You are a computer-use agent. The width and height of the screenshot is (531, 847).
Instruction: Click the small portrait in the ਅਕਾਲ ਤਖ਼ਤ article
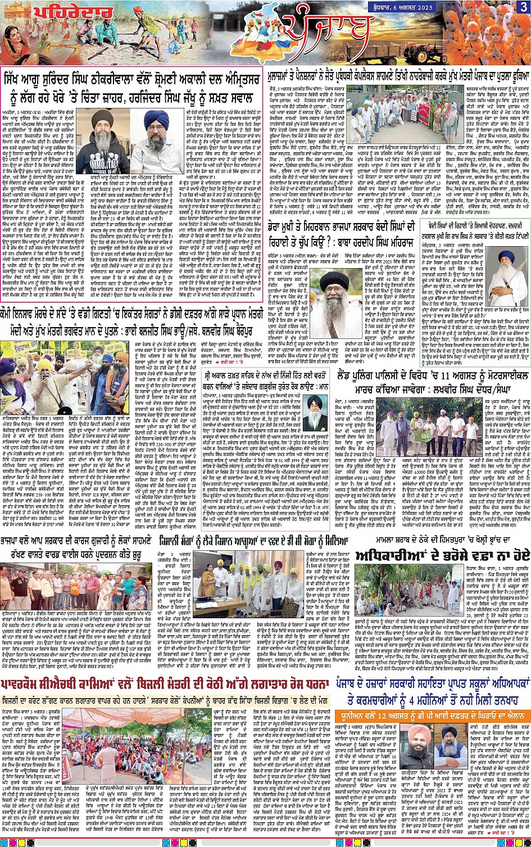coord(317,413)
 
